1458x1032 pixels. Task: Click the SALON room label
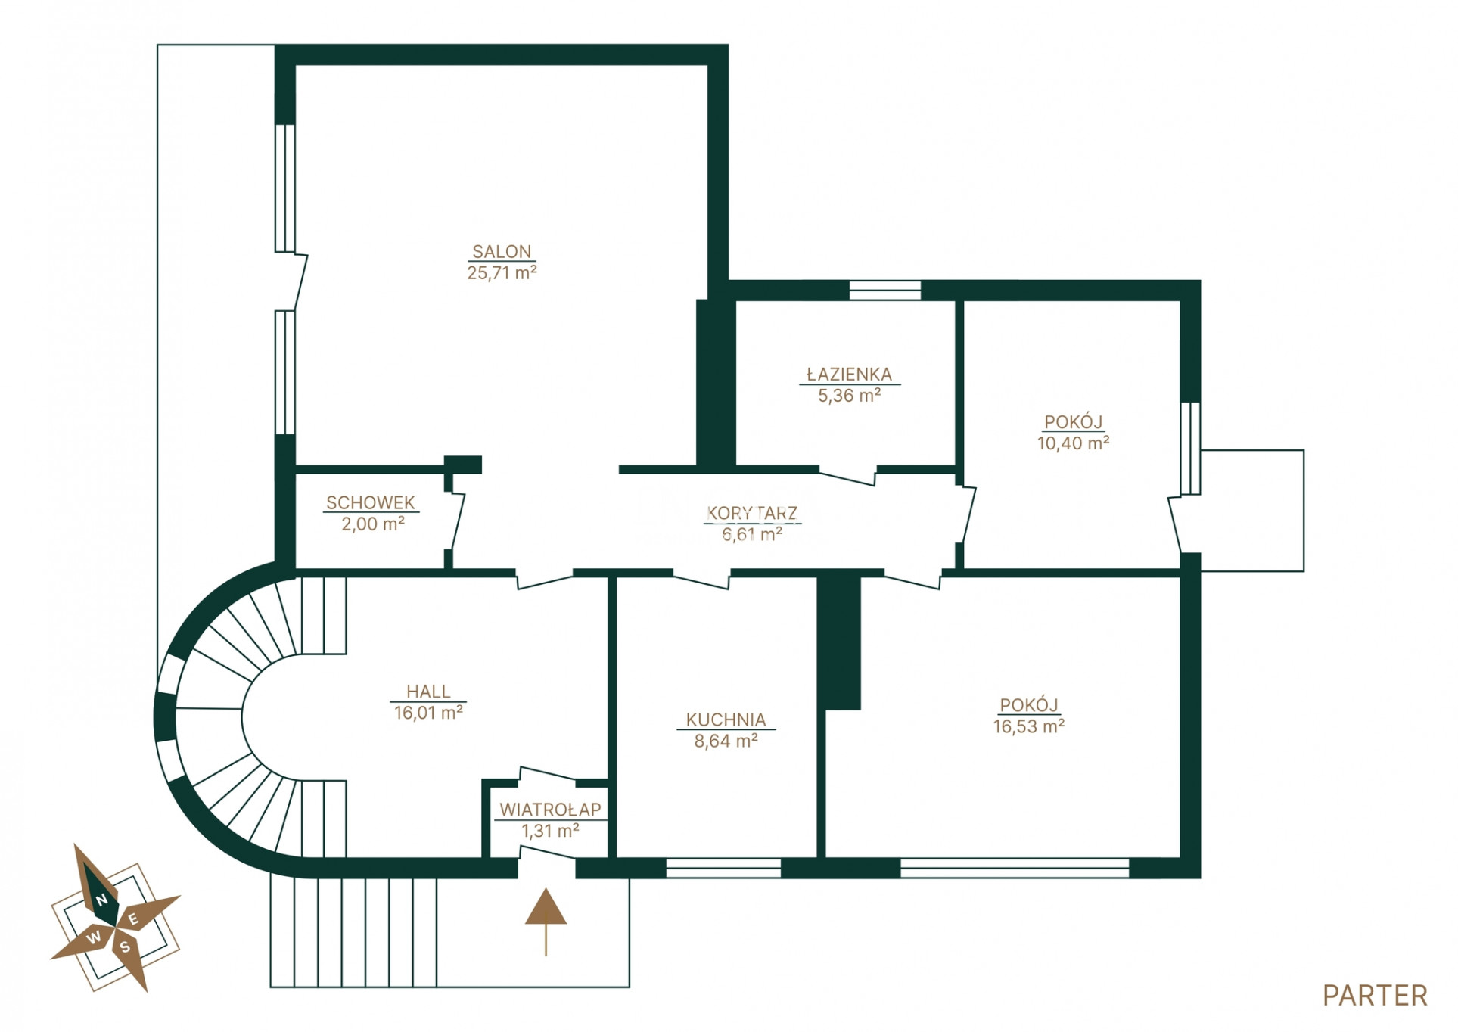click(x=502, y=251)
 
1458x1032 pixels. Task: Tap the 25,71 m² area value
click(x=502, y=272)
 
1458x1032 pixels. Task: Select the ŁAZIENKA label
click(x=849, y=374)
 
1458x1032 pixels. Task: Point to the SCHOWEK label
click(x=371, y=502)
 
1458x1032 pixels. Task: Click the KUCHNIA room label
click(x=726, y=720)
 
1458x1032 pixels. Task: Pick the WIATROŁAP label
click(x=550, y=810)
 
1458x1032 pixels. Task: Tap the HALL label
click(x=428, y=691)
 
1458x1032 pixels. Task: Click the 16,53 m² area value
click(x=1029, y=726)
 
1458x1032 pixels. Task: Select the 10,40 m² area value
click(x=1073, y=443)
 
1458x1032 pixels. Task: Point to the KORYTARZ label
click(x=752, y=513)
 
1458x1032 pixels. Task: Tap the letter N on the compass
click(x=101, y=900)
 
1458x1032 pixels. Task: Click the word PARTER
click(x=1375, y=996)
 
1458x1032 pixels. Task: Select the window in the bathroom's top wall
click(x=884, y=291)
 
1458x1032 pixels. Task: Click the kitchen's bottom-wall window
click(x=723, y=868)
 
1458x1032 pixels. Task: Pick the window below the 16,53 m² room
click(x=1014, y=868)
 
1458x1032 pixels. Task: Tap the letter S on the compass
click(x=125, y=947)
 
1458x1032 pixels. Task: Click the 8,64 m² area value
click(x=726, y=741)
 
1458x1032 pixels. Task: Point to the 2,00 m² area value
click(x=372, y=524)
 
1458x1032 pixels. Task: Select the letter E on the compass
click(x=133, y=919)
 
